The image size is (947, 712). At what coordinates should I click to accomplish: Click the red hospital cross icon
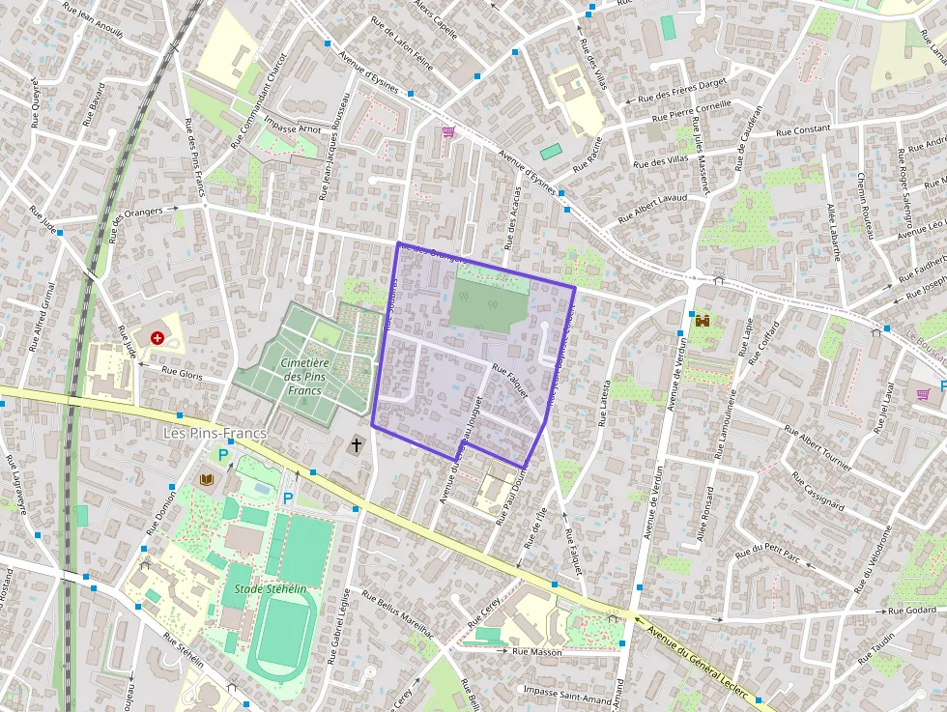click(x=157, y=337)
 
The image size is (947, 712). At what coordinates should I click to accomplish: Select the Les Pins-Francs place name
click(x=215, y=434)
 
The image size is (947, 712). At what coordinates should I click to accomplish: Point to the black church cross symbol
click(x=357, y=445)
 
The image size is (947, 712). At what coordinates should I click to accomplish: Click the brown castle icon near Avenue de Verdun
click(x=703, y=320)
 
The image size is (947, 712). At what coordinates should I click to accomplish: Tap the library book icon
click(x=207, y=479)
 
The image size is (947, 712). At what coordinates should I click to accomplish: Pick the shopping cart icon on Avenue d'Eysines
click(x=447, y=131)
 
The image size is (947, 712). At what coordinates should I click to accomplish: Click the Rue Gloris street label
click(x=182, y=372)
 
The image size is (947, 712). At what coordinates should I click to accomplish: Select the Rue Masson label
click(x=537, y=652)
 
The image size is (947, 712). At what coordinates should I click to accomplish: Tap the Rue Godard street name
click(x=913, y=611)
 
